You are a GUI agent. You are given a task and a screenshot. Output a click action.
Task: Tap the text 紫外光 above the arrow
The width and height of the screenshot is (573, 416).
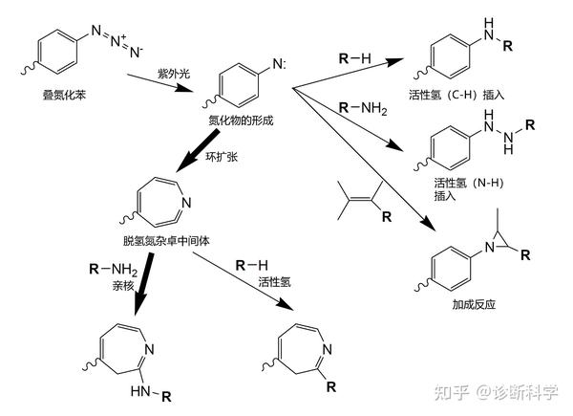[x=174, y=73]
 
